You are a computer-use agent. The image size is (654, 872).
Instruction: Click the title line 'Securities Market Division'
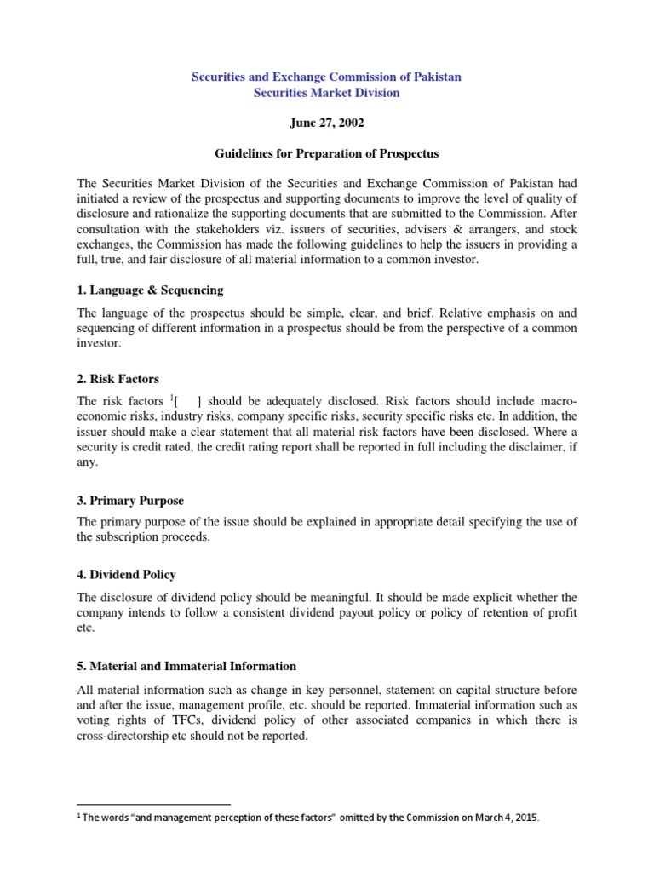click(x=326, y=93)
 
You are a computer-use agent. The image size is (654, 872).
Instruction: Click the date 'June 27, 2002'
click(x=326, y=123)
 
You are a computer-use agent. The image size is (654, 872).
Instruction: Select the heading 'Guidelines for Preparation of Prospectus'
click(x=326, y=154)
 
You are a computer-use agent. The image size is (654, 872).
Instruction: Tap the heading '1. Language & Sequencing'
click(x=150, y=290)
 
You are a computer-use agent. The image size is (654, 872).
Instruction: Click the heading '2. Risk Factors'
click(x=118, y=379)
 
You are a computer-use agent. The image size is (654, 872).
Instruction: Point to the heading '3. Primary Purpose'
click(x=130, y=501)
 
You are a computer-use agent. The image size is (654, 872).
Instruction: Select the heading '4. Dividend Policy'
click(x=127, y=575)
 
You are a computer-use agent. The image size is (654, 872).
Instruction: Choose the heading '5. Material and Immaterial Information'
click(x=186, y=666)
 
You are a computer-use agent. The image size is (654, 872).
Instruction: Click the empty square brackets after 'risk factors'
click(x=188, y=401)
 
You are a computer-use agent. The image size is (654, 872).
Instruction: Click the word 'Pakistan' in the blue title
click(x=436, y=77)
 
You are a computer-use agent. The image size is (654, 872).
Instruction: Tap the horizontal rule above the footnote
click(x=154, y=804)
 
